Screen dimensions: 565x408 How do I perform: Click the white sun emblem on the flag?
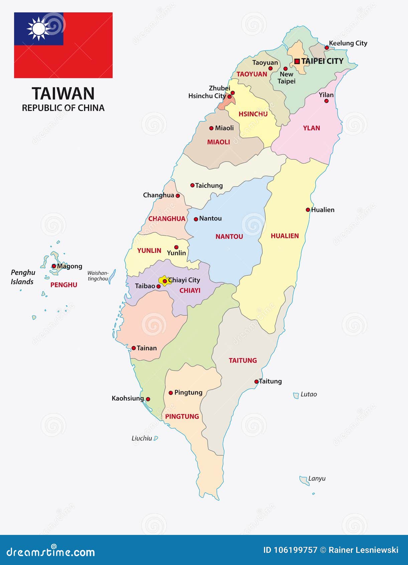click(38, 29)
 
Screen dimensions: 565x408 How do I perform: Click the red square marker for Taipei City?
click(297, 61)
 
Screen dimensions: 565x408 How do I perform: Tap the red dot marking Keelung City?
click(327, 48)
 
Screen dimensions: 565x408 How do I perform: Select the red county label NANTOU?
click(229, 237)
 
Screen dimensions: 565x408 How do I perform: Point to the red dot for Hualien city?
click(308, 210)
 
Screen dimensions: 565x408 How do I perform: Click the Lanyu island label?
click(317, 478)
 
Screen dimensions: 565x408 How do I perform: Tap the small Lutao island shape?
click(296, 395)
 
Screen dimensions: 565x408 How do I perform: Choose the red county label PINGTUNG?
click(182, 417)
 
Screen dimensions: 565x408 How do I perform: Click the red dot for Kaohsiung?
click(148, 399)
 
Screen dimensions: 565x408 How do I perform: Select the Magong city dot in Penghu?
click(54, 266)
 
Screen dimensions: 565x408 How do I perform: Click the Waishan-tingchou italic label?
click(98, 276)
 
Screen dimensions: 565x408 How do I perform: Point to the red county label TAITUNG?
click(243, 360)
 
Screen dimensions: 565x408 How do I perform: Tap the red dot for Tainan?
click(134, 348)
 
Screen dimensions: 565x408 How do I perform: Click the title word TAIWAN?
click(63, 94)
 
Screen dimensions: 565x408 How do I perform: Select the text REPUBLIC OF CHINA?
click(63, 108)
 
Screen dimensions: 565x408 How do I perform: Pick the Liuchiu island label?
click(142, 438)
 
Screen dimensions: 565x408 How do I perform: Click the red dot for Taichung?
click(192, 185)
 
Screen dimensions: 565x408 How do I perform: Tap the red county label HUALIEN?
click(284, 236)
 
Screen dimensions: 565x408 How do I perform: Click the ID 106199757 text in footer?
click(290, 550)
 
